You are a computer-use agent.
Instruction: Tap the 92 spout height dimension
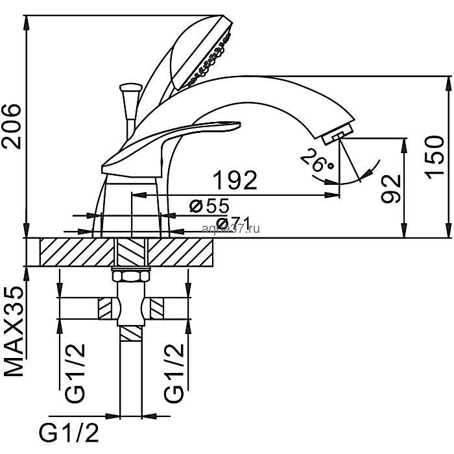[x=389, y=189]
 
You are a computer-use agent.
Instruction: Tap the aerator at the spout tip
[x=337, y=136]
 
